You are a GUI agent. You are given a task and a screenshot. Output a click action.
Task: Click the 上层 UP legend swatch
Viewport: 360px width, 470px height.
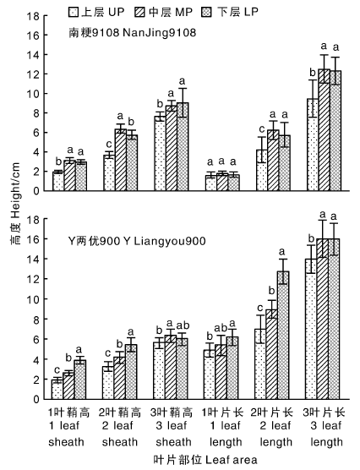click(74, 13)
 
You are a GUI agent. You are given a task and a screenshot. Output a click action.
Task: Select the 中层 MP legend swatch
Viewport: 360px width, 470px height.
click(139, 13)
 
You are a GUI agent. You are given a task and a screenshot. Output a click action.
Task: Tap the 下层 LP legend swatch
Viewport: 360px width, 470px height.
click(207, 13)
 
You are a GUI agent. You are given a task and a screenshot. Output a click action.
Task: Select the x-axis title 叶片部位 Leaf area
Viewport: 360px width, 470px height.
click(205, 460)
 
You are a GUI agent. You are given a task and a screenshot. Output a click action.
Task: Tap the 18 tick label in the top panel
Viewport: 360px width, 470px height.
click(33, 16)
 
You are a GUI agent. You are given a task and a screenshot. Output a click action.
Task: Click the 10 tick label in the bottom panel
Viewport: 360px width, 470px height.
click(33, 299)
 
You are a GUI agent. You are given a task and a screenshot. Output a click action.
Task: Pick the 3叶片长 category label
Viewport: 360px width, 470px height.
click(324, 413)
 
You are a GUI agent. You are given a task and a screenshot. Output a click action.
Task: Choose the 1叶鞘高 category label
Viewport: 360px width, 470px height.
click(69, 413)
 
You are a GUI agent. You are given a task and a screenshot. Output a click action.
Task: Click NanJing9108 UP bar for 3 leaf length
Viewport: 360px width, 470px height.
click(313, 145)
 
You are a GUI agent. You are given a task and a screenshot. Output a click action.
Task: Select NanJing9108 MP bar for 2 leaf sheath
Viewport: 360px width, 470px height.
click(121, 160)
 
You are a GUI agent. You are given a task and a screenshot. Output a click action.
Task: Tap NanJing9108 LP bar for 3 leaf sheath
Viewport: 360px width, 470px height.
click(183, 146)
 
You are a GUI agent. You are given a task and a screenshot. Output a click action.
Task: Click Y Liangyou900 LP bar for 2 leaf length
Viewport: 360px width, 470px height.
click(283, 335)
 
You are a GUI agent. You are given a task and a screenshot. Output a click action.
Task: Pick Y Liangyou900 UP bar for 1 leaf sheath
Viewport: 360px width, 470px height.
click(57, 390)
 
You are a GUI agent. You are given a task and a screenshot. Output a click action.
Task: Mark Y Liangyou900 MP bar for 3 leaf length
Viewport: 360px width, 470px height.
click(323, 319)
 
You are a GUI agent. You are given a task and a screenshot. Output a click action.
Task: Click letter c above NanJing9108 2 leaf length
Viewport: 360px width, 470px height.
click(262, 129)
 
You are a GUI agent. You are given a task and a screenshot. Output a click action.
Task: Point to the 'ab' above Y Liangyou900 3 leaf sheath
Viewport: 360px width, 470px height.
click(183, 325)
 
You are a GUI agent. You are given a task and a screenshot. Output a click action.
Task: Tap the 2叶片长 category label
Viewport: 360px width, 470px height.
click(272, 413)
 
